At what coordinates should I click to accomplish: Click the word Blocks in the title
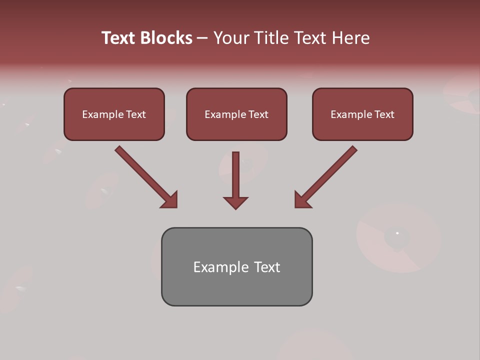(x=166, y=38)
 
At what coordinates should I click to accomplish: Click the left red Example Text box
(x=114, y=114)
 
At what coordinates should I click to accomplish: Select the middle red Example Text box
(x=236, y=114)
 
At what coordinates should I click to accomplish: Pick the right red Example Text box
(x=362, y=114)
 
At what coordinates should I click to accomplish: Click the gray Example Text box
(x=236, y=266)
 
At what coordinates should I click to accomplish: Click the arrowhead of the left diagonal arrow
(x=170, y=200)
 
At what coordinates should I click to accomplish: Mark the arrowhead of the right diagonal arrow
(x=301, y=200)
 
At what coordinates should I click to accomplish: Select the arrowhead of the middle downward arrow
(x=235, y=202)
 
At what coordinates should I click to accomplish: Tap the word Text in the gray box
(x=266, y=267)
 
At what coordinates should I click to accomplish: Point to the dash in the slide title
(x=202, y=38)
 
